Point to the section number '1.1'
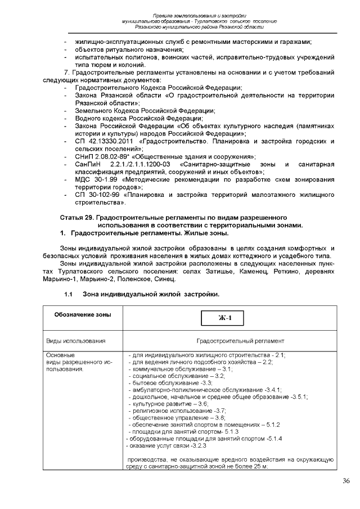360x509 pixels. pyautogui.click(x=69, y=294)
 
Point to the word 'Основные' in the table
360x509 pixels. pyautogui.click(x=60, y=355)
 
